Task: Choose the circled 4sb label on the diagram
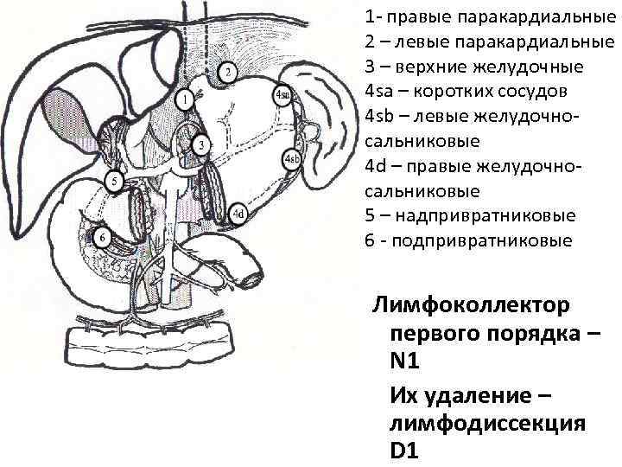tap(291, 160)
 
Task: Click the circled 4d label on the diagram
tap(239, 213)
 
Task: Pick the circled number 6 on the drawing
tap(103, 237)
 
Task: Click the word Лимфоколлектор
tap(470, 305)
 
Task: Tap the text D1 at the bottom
tap(405, 451)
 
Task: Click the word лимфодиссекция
tap(488, 423)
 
